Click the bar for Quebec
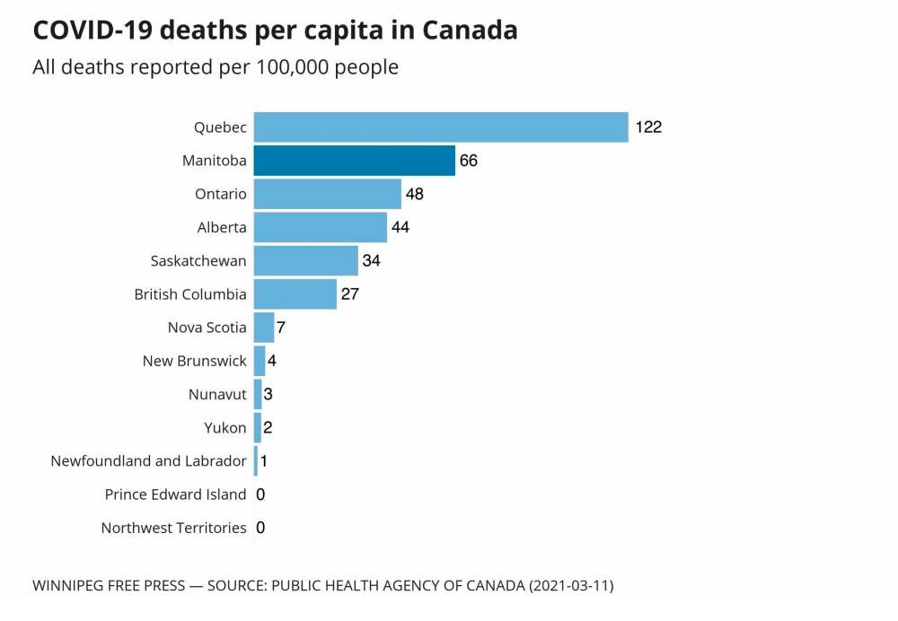coord(440,127)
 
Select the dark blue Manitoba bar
coord(354,161)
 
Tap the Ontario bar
coord(327,194)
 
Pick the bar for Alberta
coord(320,227)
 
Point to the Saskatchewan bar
coord(305,260)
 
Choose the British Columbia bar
coord(295,293)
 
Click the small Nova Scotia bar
coord(263,328)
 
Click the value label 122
coord(648,127)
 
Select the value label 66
coord(468,161)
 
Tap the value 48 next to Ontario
coord(414,194)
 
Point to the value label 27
coord(349,293)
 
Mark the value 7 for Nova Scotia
coord(281,328)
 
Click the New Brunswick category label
coord(194,361)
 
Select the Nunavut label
coord(217,394)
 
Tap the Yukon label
coord(225,427)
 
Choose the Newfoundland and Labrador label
coord(148,461)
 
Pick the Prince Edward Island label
coord(175,494)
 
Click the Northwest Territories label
coord(173,528)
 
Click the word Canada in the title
coord(470,31)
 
